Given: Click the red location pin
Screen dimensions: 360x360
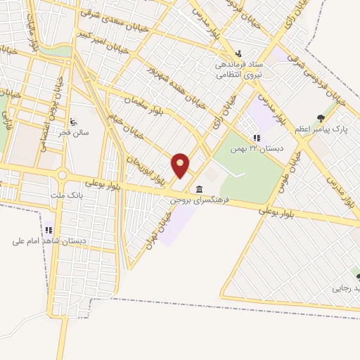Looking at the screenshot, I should point(181,165).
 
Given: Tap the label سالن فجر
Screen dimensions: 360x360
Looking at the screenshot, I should point(75,133).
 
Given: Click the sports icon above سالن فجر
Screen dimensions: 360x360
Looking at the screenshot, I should point(75,121).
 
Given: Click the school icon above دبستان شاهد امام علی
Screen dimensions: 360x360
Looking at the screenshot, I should point(49,230).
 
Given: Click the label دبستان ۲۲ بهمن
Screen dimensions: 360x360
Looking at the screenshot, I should point(262,149).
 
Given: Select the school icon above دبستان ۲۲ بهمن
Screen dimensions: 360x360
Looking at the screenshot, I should point(257,138).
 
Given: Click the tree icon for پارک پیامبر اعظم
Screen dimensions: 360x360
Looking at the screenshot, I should point(322,118).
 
